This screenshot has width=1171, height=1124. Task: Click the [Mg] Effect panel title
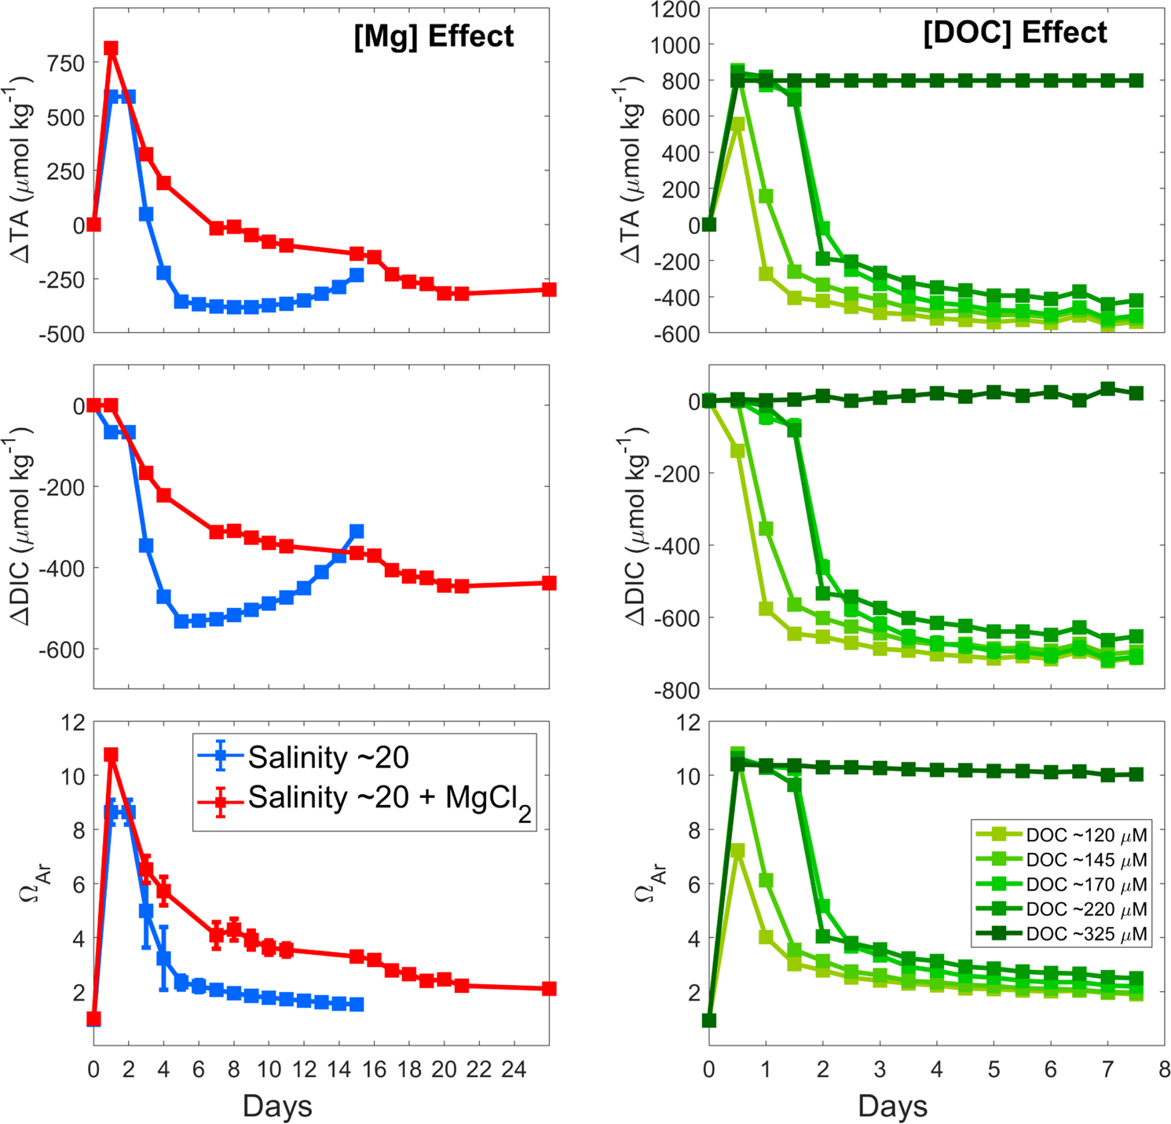coord(434,37)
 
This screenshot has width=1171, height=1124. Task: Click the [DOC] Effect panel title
coord(1015,33)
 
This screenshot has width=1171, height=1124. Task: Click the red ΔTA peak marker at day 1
coord(111,49)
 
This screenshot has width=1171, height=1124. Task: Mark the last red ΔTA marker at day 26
coord(549,290)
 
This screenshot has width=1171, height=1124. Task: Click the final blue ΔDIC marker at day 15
coord(357,532)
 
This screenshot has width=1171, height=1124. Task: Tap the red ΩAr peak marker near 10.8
coord(111,755)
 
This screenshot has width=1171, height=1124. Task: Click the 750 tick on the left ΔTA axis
coord(65,64)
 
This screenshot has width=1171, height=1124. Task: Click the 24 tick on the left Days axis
coord(514,1069)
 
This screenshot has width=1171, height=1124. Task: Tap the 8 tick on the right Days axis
coord(1164,1069)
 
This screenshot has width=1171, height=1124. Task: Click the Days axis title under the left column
coord(277,1106)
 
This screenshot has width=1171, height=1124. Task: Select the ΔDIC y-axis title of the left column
coord(21,526)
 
